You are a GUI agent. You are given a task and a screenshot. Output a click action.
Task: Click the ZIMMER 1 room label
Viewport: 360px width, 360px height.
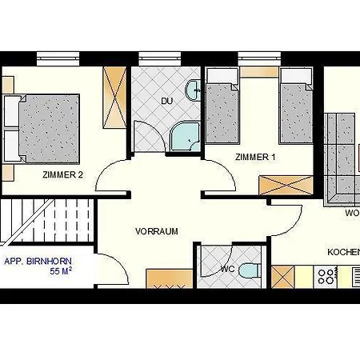pyautogui.click(x=255, y=158)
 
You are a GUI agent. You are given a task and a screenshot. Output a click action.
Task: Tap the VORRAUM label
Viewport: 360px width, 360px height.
pyautogui.click(x=156, y=231)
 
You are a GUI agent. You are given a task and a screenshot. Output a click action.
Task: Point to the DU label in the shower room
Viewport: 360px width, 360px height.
pyautogui.click(x=166, y=102)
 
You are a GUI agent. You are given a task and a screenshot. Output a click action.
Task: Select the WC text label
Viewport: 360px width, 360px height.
pyautogui.click(x=227, y=269)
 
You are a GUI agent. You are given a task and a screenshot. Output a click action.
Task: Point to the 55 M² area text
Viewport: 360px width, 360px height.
pyautogui.click(x=62, y=272)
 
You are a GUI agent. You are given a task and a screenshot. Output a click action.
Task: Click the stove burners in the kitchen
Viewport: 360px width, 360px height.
pyautogui.click(x=326, y=277)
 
